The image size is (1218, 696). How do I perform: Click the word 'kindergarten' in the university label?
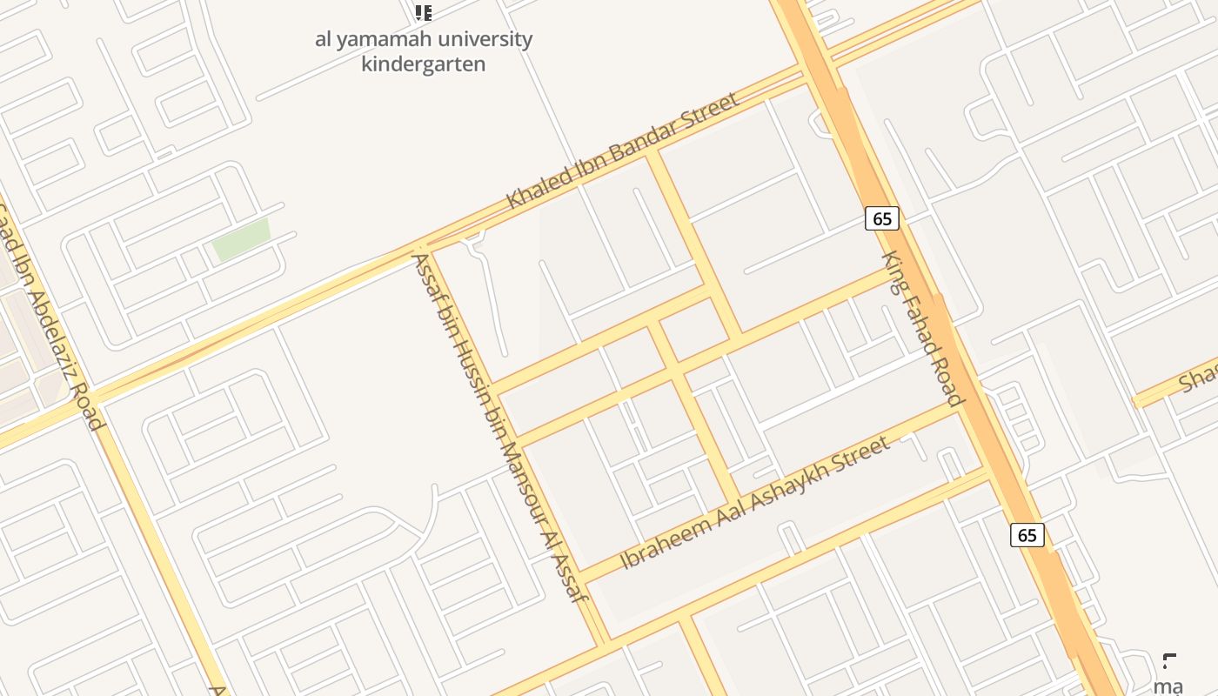[423, 64]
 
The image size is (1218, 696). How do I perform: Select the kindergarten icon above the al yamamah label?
[424, 12]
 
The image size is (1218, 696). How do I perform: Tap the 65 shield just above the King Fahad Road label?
[882, 218]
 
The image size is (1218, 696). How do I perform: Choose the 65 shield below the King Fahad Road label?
[1027, 534]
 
